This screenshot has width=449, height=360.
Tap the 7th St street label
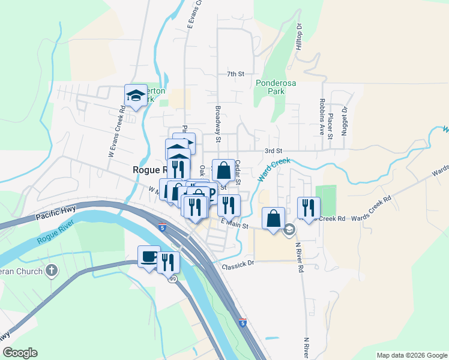[x=236, y=74]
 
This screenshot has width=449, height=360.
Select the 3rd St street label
[x=273, y=151]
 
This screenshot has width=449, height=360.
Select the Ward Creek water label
[x=274, y=170]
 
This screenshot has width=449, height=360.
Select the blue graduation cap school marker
[x=136, y=95]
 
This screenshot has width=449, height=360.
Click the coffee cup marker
[x=148, y=256]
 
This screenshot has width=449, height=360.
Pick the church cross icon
[x=52, y=271]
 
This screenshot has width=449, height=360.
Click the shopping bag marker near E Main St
[x=273, y=218]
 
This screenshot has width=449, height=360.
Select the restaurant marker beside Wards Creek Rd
[x=309, y=207]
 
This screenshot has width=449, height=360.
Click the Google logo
[x=19, y=353]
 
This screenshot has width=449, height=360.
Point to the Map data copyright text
[x=411, y=355]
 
